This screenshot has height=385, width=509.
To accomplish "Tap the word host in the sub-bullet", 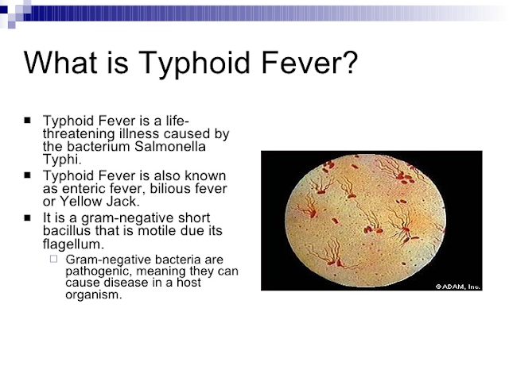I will click(216, 283).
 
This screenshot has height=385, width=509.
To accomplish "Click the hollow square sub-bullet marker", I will click(53, 259).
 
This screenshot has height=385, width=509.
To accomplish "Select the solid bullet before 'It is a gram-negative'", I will click(28, 217).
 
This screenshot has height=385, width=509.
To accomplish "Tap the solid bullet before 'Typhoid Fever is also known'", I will click(28, 175).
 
